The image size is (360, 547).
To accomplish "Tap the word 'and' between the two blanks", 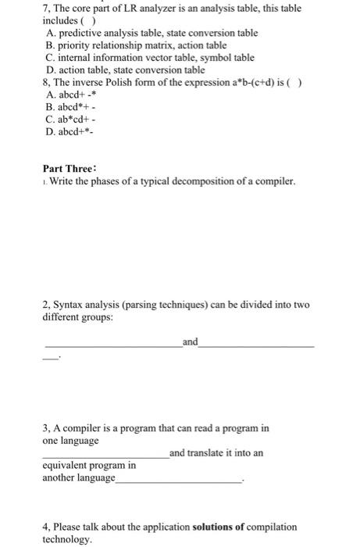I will [190, 341].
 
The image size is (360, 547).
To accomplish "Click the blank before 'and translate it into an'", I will [105, 456].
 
